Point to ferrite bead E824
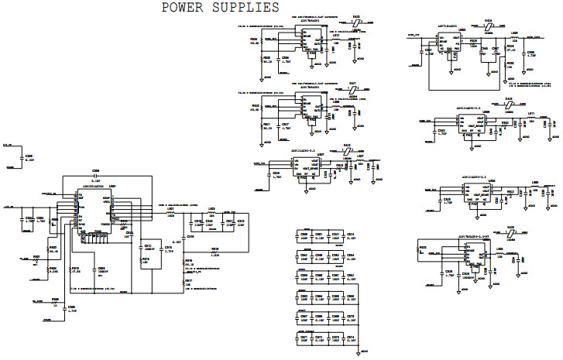(x=489, y=28)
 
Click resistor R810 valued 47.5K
(x=75, y=271)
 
